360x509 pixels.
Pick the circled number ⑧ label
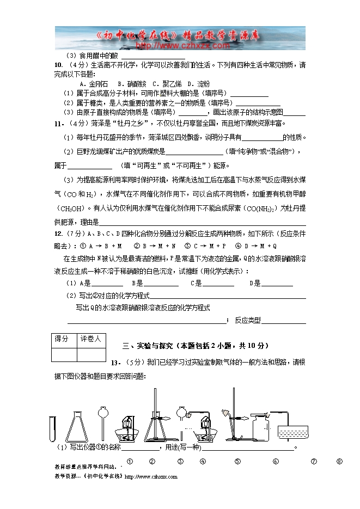(x=339, y=462)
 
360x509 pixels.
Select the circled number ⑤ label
(x=237, y=462)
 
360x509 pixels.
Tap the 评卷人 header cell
(x=91, y=339)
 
